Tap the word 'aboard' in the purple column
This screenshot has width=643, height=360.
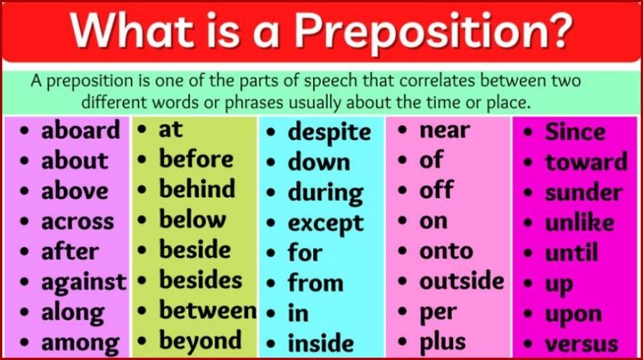pos(81,130)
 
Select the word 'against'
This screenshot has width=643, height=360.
pos(83,282)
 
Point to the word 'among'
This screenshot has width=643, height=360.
pos(80,343)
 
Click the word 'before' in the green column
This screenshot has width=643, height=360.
pos(196,159)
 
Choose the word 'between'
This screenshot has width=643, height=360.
pos(207,310)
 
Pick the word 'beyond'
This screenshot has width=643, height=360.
pos(200,341)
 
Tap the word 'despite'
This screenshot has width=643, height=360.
pos(329,132)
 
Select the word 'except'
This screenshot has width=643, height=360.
pos(326,223)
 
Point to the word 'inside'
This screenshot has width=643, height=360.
pos(321,343)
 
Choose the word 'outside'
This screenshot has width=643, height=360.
pos(462,281)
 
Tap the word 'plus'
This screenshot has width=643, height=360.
pos(443,342)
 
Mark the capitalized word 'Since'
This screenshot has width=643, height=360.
pos(575,132)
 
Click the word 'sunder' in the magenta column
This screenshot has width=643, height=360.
pos(583,193)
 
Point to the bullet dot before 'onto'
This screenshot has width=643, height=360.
pos(405,251)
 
